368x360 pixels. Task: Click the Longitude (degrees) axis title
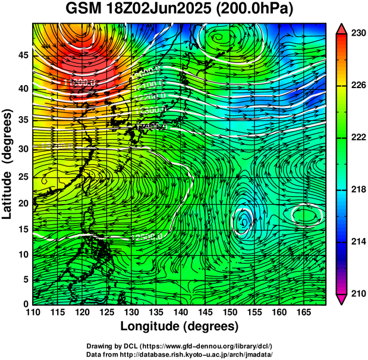point(180,326)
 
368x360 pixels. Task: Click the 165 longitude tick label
point(303,311)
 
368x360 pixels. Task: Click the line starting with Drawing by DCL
point(180,346)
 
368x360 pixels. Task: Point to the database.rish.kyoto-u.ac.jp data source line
point(180,353)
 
